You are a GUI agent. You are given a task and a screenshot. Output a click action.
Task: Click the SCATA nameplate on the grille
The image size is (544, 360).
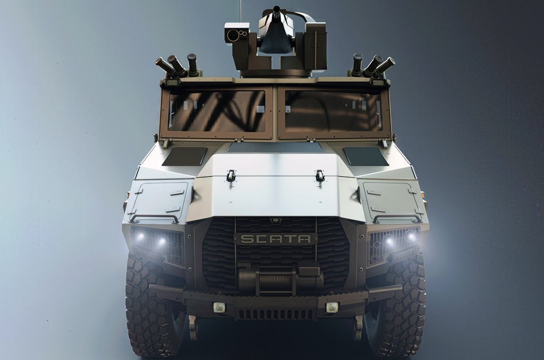tap(276, 239)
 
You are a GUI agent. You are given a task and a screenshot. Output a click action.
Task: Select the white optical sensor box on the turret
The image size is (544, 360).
tap(237, 33)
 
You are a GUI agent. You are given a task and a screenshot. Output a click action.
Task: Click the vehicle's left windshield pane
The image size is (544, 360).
tap(217, 111)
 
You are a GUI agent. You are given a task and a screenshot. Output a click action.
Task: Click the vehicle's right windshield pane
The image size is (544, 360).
tap(333, 111)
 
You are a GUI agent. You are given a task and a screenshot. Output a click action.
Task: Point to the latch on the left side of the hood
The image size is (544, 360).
tap(231, 175)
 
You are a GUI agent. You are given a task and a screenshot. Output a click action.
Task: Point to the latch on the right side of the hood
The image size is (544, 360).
tap(320, 175)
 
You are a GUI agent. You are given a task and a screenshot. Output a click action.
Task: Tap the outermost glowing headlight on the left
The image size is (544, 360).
tap(140, 236)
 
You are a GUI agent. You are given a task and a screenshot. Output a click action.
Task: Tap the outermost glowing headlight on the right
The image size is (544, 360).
tap(411, 236)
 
